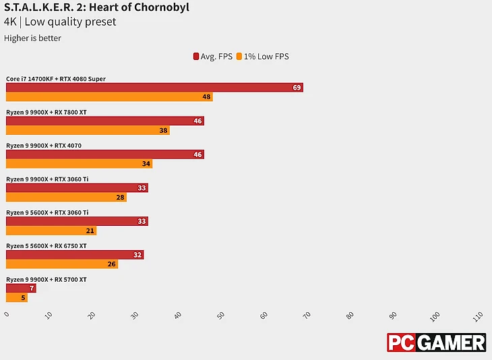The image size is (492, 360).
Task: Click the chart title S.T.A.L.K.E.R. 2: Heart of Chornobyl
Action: [x=97, y=8]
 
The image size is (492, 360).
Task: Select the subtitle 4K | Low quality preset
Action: [x=60, y=22]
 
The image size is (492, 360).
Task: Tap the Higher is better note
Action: [x=32, y=38]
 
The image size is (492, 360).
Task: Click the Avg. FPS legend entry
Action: [x=212, y=57]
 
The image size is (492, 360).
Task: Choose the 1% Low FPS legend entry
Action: [x=262, y=57]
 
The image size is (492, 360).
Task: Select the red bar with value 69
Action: [x=154, y=88]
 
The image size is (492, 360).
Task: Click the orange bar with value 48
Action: [x=109, y=97]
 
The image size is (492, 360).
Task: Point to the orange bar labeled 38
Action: [x=88, y=130]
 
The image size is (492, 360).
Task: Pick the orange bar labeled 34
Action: [x=79, y=164]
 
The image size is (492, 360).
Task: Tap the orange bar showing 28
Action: [x=66, y=197]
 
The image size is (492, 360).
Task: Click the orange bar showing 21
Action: [x=51, y=231]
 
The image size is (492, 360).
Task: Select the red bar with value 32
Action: [x=74, y=255]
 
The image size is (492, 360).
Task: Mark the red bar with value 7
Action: [x=21, y=289]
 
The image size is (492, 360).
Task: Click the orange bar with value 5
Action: [x=17, y=297]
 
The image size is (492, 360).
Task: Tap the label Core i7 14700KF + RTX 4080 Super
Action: [x=56, y=79]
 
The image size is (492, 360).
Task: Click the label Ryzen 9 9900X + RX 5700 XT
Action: [x=47, y=279]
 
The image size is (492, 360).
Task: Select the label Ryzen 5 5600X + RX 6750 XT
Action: [x=47, y=246]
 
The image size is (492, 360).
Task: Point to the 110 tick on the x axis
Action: [x=478, y=316]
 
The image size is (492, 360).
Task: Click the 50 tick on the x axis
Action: [x=220, y=316]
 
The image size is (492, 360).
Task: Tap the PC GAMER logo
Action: [x=436, y=342]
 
